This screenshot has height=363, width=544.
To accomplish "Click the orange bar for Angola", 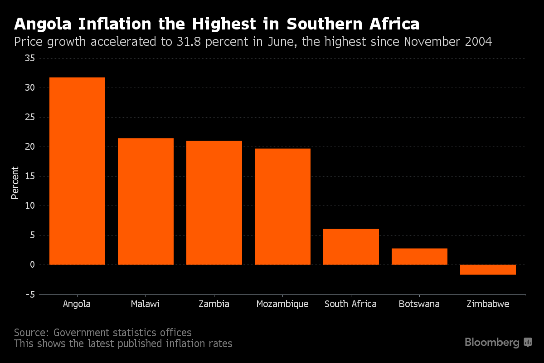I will pos(77,171).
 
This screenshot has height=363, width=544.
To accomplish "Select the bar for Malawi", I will pos(146,201).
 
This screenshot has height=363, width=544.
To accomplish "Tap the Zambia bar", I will pos(214,203).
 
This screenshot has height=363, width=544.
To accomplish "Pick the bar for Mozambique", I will pos(282,206).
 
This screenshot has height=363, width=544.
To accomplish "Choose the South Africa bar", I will pos(351,247).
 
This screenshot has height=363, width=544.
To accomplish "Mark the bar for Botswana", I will pos(419,256).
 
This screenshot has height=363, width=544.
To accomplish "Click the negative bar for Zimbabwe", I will pos(488,270).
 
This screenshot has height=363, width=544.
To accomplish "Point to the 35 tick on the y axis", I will pos(29,59).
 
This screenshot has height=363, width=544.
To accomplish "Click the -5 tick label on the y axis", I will pos(29,294).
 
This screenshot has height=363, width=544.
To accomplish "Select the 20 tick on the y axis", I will pos(29,147).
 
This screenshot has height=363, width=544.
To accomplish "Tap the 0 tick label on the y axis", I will pos(32,265).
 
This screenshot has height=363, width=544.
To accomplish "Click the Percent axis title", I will pos(15,183).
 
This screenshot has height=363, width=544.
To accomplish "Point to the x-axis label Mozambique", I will pos(282,304).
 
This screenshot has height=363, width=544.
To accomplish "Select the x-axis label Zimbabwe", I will pos(488,304).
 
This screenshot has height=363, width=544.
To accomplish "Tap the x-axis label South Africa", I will pos(350,304).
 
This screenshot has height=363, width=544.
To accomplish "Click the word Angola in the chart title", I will pos(42,24).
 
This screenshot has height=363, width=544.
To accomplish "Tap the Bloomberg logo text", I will pos(492,343).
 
